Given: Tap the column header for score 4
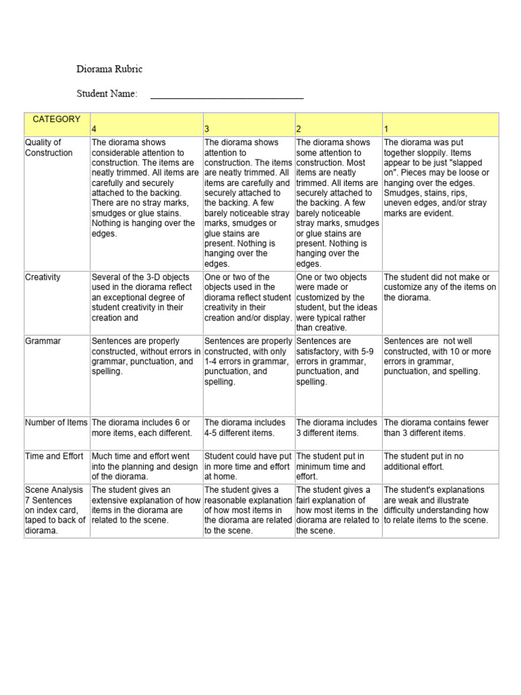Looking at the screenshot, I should [x=95, y=129].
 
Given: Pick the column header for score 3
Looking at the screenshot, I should [x=207, y=129].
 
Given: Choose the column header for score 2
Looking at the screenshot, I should [x=298, y=129].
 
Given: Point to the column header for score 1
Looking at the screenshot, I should [x=387, y=129].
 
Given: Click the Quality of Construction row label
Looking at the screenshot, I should [x=49, y=147].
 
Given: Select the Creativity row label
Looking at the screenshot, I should [x=43, y=277].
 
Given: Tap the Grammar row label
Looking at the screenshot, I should [x=43, y=341].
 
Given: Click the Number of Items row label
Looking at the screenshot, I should [x=56, y=422].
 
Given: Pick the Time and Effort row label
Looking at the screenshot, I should [x=54, y=456].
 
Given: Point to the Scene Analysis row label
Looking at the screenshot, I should [x=54, y=489].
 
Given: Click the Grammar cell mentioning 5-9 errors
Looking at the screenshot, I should [x=337, y=361].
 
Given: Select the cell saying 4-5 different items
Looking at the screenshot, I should [x=248, y=428].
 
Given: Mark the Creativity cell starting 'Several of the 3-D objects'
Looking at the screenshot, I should [x=145, y=297].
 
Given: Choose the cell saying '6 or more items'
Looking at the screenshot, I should [x=145, y=428].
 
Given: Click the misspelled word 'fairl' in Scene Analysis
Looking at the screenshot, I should [x=307, y=500].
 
